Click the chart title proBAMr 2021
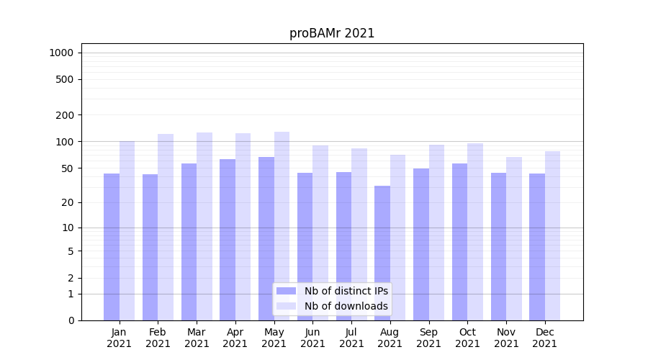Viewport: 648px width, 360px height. tap(332, 33)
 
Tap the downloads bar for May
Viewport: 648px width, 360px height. tap(282, 226)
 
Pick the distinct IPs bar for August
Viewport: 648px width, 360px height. tap(382, 253)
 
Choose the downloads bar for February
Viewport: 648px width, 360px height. tap(166, 227)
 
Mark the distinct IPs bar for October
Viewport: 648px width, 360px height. tap(459, 242)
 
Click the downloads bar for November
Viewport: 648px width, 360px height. tap(514, 238)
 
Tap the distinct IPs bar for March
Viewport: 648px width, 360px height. tap(189, 242)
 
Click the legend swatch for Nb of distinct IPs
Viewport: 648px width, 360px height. tap(286, 291)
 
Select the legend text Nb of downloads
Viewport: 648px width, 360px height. tap(346, 306)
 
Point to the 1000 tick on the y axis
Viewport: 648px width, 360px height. tap(61, 53)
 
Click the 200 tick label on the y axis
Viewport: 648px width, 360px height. tap(65, 115)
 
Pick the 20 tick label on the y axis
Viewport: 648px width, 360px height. tap(68, 202)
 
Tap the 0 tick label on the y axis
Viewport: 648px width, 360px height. tap(71, 320)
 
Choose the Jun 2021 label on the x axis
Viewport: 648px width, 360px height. tap(312, 338)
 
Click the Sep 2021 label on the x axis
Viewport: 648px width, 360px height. tap(428, 338)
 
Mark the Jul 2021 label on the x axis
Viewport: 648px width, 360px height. tap(351, 338)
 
